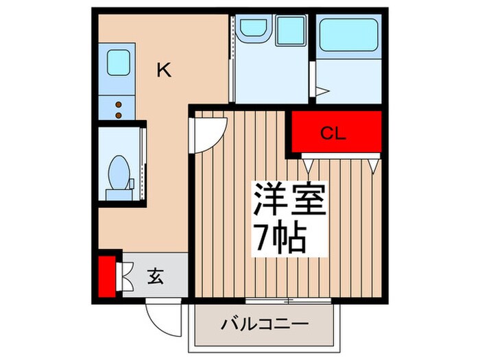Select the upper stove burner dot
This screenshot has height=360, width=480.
coord(117,104)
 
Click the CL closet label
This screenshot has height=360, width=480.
coord(335,134)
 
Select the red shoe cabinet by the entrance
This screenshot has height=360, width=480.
coord(106,277)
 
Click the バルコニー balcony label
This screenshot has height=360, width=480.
coord(265,324)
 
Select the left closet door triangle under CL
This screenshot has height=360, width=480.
coord(308,165)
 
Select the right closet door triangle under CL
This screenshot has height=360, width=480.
coord(374,165)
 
